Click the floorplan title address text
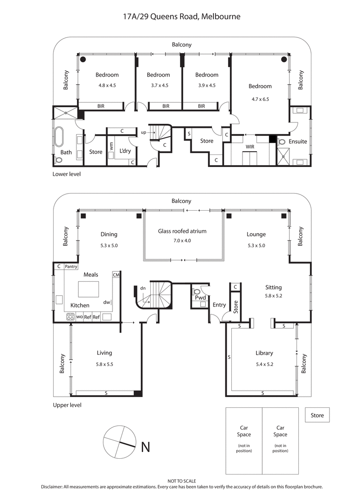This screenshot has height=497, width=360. (x=182, y=17)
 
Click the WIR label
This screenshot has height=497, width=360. (x=250, y=147)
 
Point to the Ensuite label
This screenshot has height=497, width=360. (x=297, y=141)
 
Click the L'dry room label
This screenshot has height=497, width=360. (x=124, y=151)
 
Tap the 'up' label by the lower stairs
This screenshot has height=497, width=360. (x=144, y=133)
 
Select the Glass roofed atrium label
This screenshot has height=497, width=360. (x=182, y=231)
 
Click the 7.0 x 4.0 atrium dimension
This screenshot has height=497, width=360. (x=182, y=240)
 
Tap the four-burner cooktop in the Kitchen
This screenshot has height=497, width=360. (x=71, y=317)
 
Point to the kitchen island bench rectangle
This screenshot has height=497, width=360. (x=88, y=289)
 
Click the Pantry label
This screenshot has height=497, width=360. (x=71, y=267)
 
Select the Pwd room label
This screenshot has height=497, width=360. (x=200, y=298)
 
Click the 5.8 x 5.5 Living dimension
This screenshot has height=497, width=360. (x=104, y=365)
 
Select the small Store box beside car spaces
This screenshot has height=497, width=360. (x=317, y=415)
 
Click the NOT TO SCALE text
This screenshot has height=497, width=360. (x=182, y=481)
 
